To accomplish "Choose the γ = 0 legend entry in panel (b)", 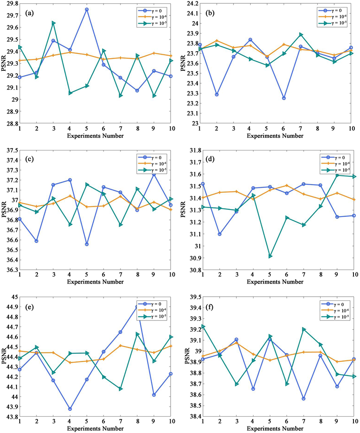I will [332, 10].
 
